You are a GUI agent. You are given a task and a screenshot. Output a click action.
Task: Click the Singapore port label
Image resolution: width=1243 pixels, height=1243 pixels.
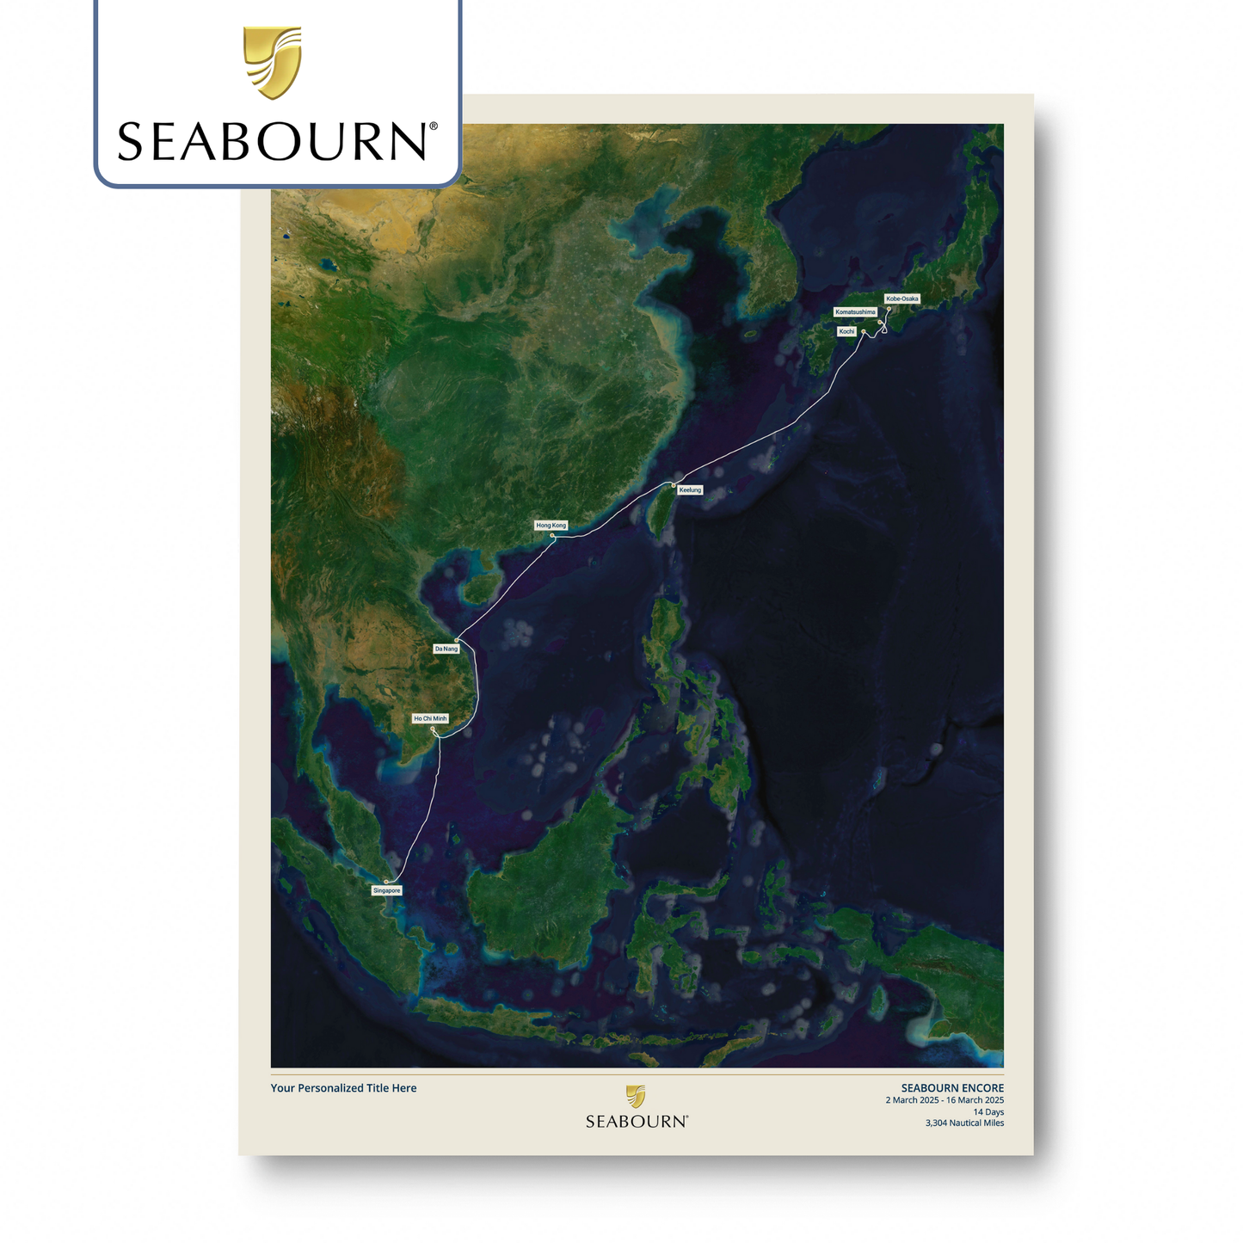click(387, 890)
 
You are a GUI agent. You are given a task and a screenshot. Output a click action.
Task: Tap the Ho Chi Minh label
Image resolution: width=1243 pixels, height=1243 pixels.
click(430, 718)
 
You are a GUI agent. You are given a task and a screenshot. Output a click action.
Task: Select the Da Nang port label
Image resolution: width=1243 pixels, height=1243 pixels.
click(446, 649)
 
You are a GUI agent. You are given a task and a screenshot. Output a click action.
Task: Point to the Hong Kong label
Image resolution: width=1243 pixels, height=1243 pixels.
click(551, 525)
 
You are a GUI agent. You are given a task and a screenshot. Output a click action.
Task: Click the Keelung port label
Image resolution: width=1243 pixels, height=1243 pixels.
click(690, 489)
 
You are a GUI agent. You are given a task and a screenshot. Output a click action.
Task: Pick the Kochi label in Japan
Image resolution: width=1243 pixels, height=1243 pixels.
click(847, 331)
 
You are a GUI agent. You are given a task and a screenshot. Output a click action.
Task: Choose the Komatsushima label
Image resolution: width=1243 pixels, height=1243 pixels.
click(855, 311)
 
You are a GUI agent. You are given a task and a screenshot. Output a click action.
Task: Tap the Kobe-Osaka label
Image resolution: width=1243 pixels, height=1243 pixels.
click(902, 298)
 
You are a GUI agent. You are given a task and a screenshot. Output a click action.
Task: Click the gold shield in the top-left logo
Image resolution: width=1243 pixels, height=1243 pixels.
click(273, 62)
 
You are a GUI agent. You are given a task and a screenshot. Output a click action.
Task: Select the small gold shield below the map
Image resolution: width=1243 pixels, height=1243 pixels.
click(636, 1096)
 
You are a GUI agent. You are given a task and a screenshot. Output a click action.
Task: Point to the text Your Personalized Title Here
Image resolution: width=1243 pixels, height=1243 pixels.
click(343, 1088)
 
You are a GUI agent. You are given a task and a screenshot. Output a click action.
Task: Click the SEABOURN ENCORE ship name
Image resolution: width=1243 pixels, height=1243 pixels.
click(952, 1088)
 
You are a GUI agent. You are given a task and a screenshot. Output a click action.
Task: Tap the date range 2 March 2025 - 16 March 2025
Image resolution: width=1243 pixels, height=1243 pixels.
click(945, 1100)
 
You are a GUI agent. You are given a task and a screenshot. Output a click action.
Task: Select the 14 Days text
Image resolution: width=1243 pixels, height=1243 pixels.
click(988, 1112)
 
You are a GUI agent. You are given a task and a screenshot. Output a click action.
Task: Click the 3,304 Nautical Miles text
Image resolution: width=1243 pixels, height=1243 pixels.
click(964, 1123)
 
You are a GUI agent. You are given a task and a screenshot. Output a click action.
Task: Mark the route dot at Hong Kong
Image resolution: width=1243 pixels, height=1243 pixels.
click(552, 536)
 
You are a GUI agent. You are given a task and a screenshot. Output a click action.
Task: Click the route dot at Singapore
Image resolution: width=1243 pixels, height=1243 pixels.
click(386, 882)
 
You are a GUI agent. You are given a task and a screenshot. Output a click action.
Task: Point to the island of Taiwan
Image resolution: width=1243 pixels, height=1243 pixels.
click(661, 513)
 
